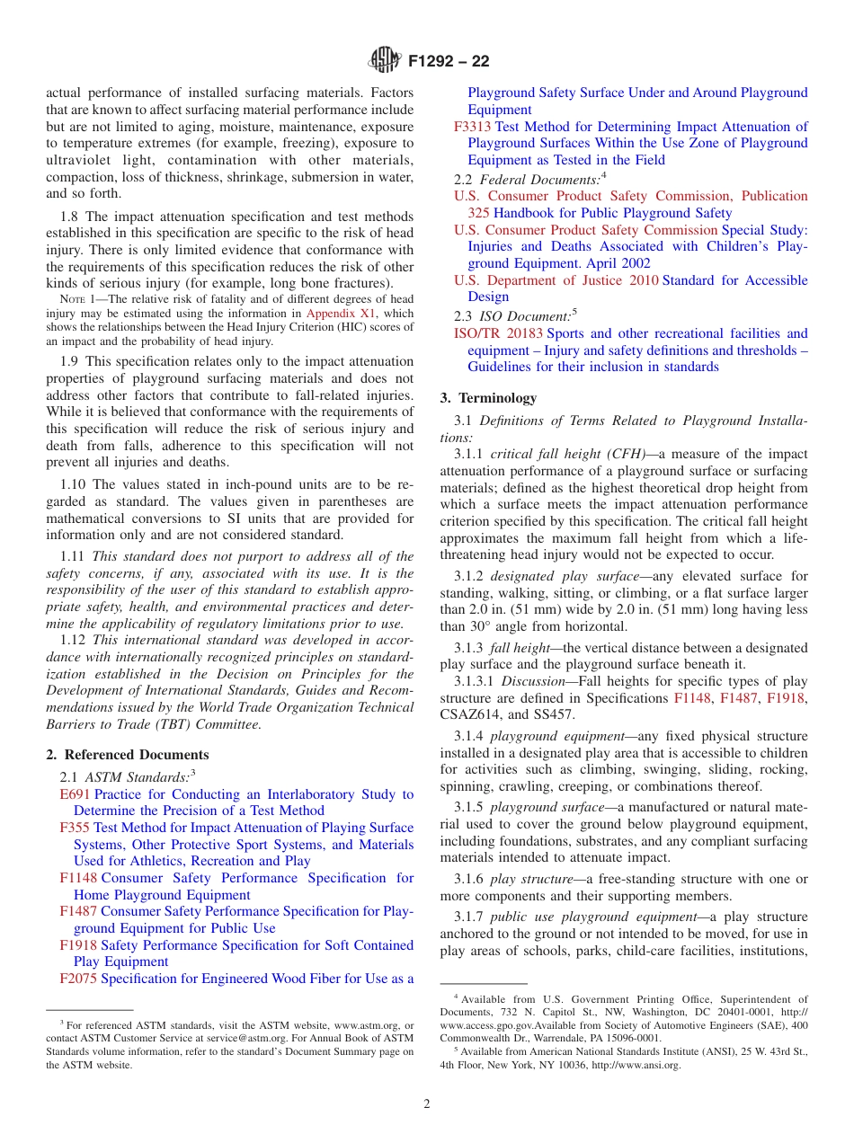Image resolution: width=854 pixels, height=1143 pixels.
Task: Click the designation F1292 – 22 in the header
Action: (449, 62)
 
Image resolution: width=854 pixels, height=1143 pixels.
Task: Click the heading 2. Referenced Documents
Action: (128, 755)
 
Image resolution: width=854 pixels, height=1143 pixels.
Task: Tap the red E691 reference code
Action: (75, 794)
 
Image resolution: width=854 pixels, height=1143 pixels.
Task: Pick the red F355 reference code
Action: (75, 828)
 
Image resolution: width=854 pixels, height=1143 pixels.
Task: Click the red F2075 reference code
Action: (78, 979)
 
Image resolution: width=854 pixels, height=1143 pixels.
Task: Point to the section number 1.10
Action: (74, 484)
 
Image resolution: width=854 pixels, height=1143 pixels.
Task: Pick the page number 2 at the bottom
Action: (427, 1104)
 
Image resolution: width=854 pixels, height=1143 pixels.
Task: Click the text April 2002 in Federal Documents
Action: (618, 263)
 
